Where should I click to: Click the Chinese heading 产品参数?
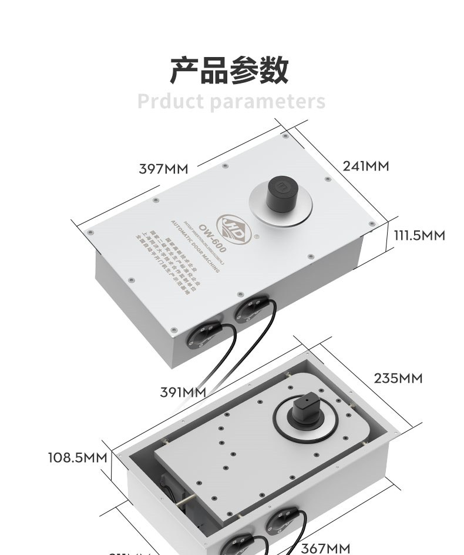(230, 70)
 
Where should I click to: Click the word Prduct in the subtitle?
(170, 101)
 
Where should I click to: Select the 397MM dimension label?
(163, 169)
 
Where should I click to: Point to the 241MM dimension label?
(366, 166)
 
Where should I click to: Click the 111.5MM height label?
(419, 236)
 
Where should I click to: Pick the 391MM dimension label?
(183, 392)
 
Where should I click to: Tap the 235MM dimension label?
(398, 378)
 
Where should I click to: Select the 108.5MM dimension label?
(78, 457)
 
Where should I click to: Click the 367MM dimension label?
(325, 548)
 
